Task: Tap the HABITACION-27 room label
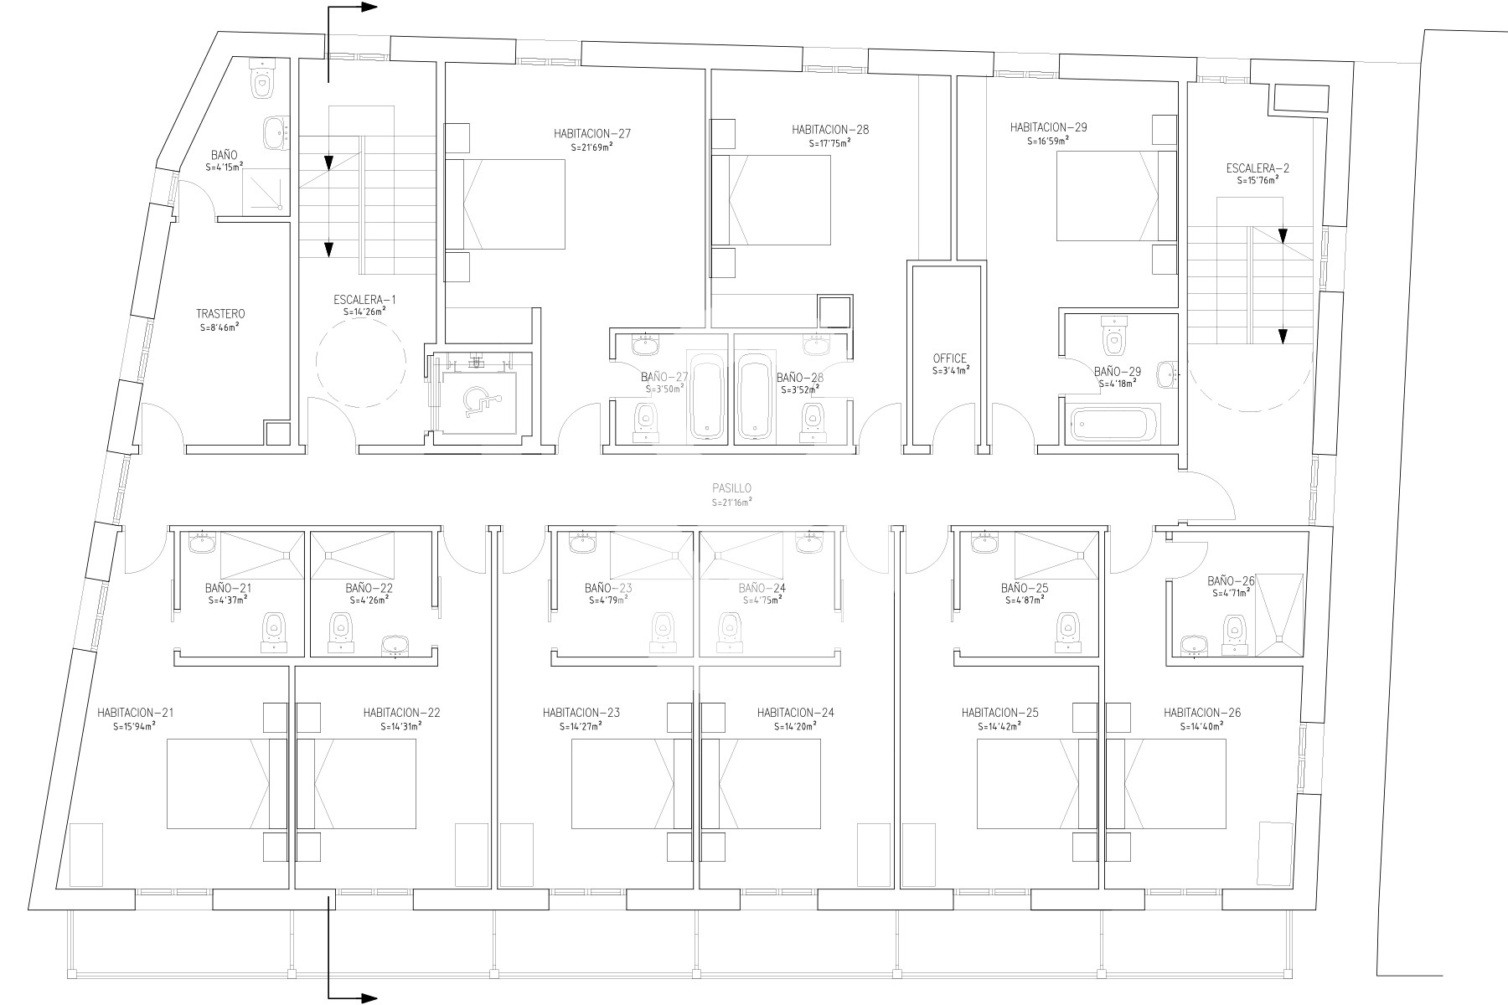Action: pos(592,133)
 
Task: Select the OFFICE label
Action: pos(949,358)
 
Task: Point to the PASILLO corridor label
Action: pos(731,487)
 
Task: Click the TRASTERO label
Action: pos(215,314)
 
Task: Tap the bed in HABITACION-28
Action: pos(771,200)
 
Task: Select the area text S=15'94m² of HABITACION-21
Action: pos(135,727)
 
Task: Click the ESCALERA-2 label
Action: pos(1258,168)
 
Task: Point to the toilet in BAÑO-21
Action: pos(274,632)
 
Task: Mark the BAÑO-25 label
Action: pos(1025,588)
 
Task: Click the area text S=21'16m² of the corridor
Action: pos(731,502)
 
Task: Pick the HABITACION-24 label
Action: pos(795,713)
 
